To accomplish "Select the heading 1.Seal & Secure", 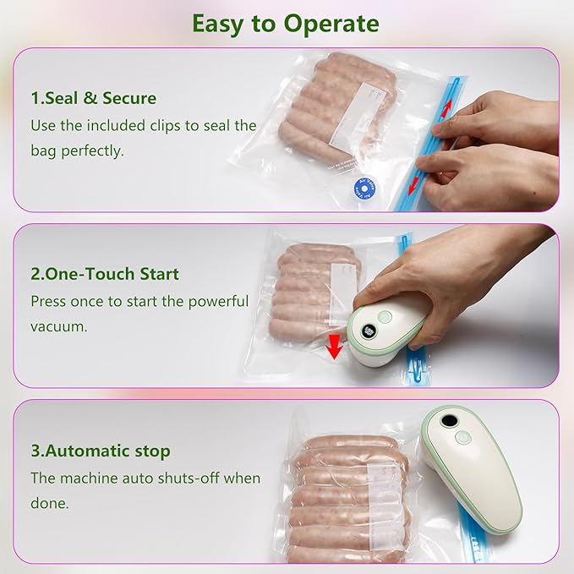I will click(x=94, y=98).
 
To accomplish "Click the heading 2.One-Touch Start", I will click(x=105, y=274).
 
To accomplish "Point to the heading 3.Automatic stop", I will click(x=101, y=451).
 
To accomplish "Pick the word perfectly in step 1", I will click(x=91, y=151).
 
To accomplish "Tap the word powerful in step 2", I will click(x=218, y=301).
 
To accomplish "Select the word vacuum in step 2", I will click(x=59, y=325).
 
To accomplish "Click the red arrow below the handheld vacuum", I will click(x=336, y=346).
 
